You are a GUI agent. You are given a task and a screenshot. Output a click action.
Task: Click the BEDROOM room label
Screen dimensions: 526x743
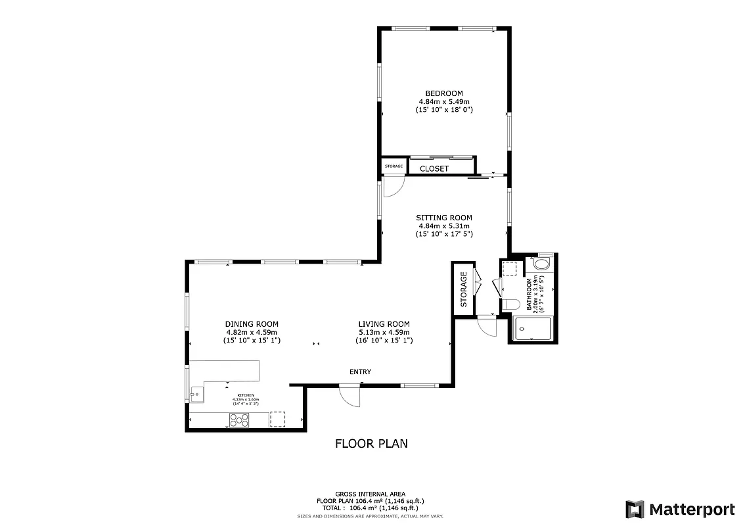coord(444,93)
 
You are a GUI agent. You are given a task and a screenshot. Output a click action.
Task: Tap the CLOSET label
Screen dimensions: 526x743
coord(434,169)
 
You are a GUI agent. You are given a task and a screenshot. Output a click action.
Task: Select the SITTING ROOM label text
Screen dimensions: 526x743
coord(444,218)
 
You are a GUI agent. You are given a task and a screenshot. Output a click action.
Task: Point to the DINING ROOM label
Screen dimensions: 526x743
coord(252,324)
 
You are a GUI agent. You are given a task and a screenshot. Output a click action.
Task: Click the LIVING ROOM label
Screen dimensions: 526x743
coord(384,324)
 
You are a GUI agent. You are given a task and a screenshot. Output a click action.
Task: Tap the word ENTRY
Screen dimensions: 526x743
coord(360,372)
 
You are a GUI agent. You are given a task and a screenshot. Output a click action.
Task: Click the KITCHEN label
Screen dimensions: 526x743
coord(246,395)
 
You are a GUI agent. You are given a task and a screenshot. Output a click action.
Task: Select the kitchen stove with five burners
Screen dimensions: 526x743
coord(239,419)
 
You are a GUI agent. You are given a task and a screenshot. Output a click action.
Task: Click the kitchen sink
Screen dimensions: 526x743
coord(197,395)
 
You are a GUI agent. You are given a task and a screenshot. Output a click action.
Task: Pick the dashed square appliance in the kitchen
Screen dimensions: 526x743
coord(278,419)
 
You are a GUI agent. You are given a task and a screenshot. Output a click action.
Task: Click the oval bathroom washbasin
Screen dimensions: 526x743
coord(542,264)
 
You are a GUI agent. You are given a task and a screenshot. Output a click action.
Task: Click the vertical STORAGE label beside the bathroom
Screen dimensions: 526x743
coord(464,289)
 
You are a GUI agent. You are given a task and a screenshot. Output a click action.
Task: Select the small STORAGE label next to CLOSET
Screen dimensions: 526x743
coord(394,166)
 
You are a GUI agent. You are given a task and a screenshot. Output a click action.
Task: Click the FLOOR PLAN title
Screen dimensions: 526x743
coord(371,444)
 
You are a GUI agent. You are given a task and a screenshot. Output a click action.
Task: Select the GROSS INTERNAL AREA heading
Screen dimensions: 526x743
coord(371,494)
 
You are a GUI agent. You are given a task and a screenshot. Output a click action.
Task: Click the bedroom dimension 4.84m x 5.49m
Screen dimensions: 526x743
coord(444,102)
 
